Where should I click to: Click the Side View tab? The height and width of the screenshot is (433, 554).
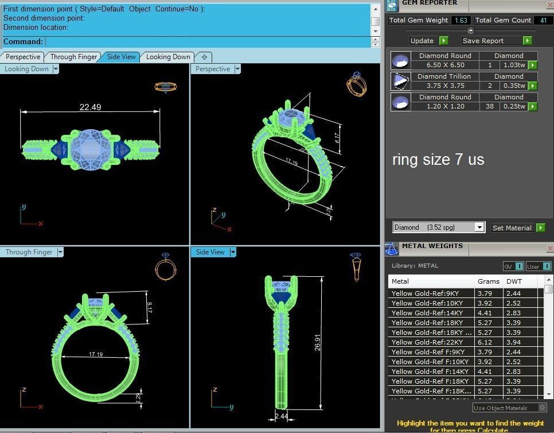(x=121, y=57)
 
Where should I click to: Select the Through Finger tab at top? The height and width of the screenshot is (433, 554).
(x=73, y=57)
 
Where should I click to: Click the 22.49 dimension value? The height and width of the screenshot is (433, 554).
(x=90, y=107)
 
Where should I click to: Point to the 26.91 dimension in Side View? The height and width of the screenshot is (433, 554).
(x=318, y=342)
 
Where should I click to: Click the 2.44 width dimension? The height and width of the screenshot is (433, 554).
(x=282, y=416)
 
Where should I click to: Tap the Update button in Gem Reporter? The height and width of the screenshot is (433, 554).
(x=422, y=41)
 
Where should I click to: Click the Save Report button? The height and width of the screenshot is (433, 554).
(x=483, y=41)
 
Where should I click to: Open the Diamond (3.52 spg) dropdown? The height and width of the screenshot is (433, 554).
(x=479, y=227)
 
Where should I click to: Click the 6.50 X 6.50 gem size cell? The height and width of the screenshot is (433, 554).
(x=445, y=65)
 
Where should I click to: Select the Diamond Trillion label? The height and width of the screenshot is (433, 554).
(x=444, y=76)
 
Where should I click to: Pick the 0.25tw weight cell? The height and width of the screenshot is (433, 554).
(x=514, y=106)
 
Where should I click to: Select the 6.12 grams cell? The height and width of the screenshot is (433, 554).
(x=485, y=342)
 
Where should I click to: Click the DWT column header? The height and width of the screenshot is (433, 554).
(x=513, y=281)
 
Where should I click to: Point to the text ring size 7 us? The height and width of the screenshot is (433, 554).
(x=438, y=160)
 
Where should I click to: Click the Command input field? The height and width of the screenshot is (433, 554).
(x=206, y=41)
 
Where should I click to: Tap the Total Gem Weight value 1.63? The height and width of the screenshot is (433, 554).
(x=461, y=20)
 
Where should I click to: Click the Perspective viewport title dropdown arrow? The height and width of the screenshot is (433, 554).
(x=237, y=69)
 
